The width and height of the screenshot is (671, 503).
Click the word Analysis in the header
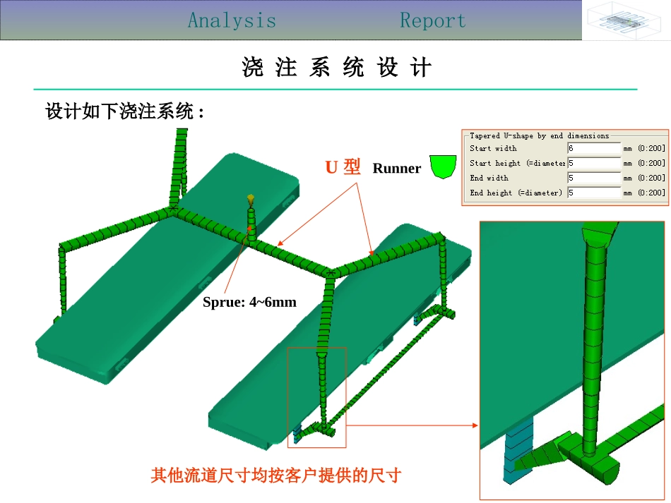[232, 20]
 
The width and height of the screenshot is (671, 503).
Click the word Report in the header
[433, 20]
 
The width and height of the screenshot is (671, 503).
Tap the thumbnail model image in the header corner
[626, 20]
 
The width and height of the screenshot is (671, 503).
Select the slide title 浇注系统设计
[336, 68]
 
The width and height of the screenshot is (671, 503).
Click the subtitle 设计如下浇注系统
[124, 111]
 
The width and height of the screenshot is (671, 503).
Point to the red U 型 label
[343, 167]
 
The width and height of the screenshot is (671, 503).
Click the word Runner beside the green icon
[396, 169]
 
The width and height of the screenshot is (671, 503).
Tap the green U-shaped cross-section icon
[443, 166]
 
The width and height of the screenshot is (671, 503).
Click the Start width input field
[593, 149]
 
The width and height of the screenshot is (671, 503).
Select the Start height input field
[593, 164]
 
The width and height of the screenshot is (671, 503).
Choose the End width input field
[593, 178]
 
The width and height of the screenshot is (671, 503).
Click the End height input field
[593, 193]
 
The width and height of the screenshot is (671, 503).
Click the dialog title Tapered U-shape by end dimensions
[539, 135]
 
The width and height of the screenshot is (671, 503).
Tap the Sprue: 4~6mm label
[249, 303]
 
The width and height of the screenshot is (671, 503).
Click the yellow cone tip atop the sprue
[249, 200]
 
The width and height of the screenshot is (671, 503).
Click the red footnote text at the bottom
[275, 475]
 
